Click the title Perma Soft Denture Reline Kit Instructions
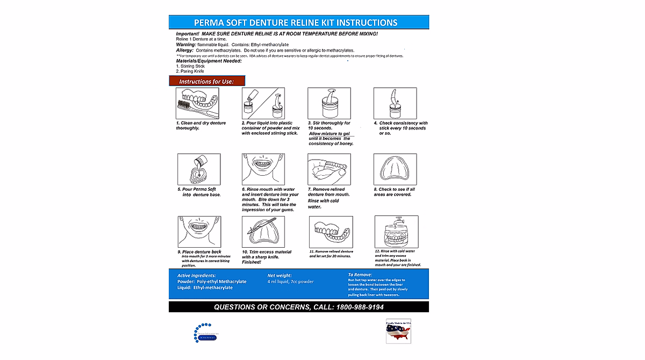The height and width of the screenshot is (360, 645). [x=299, y=23]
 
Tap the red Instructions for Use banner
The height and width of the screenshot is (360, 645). [x=207, y=81]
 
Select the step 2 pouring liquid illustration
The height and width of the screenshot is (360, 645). [x=263, y=103]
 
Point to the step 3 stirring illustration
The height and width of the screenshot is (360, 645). [x=329, y=103]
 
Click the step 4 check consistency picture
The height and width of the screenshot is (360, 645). [x=395, y=103]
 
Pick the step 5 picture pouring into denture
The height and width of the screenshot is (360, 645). [x=198, y=169]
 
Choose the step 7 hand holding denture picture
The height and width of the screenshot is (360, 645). [x=329, y=169]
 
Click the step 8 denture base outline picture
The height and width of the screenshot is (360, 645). [x=395, y=169]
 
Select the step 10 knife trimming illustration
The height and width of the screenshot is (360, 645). [x=263, y=232]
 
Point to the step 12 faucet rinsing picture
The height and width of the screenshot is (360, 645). [x=396, y=232]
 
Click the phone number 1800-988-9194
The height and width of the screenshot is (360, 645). [x=360, y=307]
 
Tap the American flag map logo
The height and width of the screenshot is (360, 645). [x=398, y=332]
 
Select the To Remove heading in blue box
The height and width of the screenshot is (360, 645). [x=360, y=275]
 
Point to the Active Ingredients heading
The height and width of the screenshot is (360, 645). [x=197, y=275]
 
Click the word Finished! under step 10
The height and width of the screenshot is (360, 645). [x=252, y=262]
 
